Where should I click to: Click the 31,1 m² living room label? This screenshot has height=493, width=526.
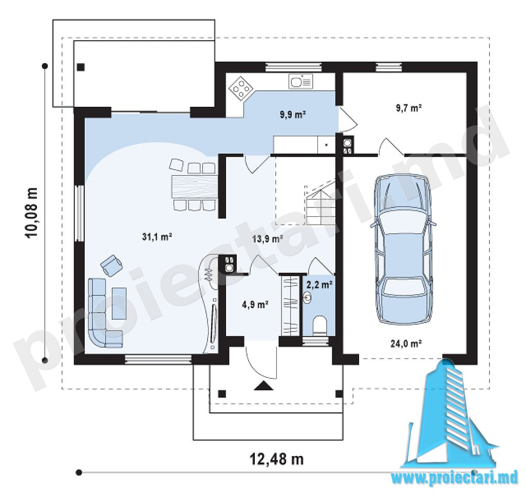(157, 237)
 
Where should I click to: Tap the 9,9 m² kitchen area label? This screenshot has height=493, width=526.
(293, 115)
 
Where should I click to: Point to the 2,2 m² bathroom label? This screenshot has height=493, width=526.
(320, 285)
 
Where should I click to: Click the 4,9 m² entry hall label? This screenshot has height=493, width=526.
(255, 305)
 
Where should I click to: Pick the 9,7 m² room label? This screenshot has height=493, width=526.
(408, 108)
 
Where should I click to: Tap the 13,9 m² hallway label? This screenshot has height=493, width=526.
(267, 239)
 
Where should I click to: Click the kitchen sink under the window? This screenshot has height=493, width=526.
(300, 82)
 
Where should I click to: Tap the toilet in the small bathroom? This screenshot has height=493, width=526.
(320, 325)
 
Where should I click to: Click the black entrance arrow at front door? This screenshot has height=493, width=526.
(264, 386)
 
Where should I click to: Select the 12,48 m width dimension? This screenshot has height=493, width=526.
(277, 459)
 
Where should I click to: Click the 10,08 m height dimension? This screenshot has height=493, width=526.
(31, 213)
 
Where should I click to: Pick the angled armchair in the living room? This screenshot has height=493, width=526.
(111, 266)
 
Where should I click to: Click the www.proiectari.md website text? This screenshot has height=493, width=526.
(455, 478)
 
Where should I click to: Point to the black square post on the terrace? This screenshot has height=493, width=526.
(81, 67)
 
